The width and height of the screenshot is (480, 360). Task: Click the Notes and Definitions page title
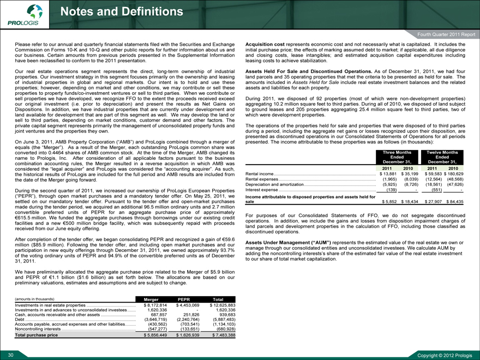coord(122,11)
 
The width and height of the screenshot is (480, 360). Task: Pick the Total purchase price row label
coord(38,335)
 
